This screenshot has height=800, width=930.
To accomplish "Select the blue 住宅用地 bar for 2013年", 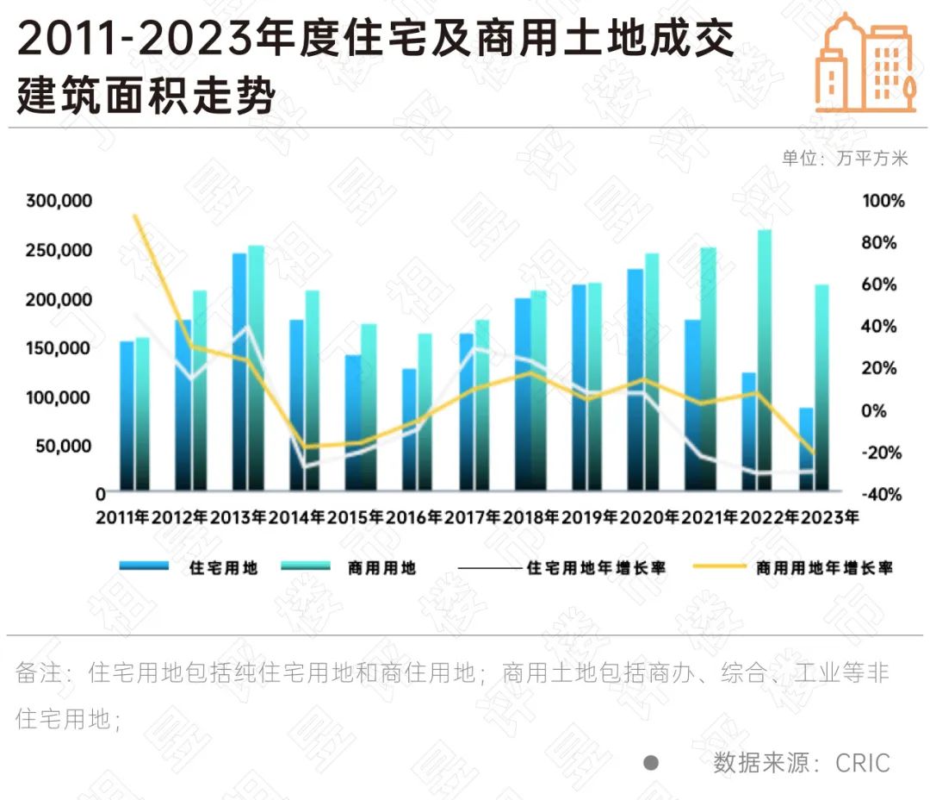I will click(x=239, y=371).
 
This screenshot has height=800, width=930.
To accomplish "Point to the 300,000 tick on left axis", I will click(x=58, y=202).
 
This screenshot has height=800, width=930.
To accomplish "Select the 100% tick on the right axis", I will click(x=883, y=202).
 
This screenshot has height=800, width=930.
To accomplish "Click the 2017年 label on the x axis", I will click(x=474, y=518).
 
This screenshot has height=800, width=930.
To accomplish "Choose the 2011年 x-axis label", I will click(x=122, y=518).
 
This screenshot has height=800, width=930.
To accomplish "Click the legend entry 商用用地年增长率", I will click(x=823, y=567).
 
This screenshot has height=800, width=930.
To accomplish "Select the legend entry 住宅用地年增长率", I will click(x=595, y=567).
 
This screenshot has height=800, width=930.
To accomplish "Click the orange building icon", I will click(x=865, y=64).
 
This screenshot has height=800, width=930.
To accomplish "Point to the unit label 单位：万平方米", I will click(x=844, y=159).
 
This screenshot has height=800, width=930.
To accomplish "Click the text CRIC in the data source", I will click(x=862, y=762).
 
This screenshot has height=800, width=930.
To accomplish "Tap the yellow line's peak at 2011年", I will click(x=134, y=216).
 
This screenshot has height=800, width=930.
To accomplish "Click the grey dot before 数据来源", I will click(x=651, y=762).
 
